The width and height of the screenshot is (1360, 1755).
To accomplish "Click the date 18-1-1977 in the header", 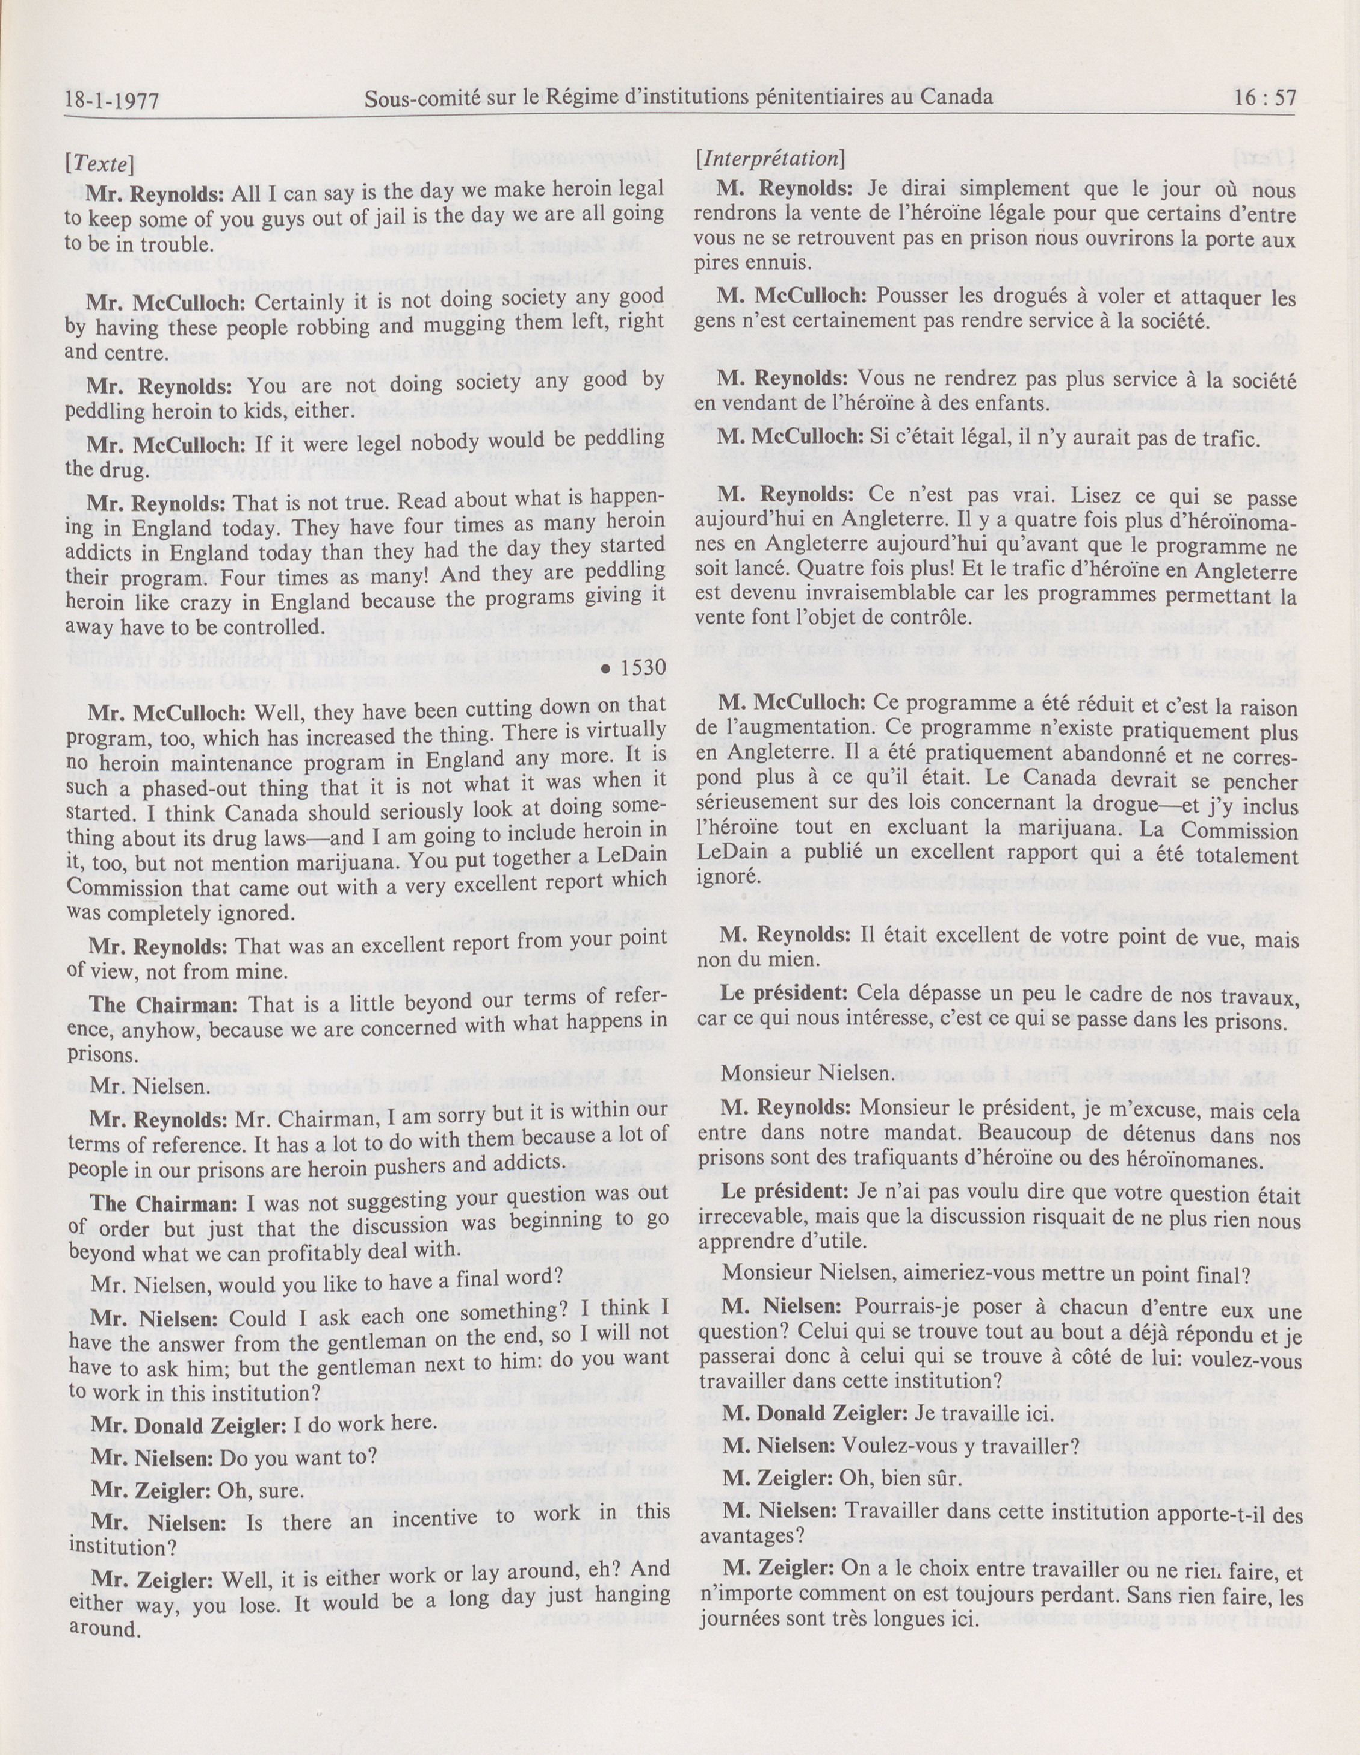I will tap(113, 101).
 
